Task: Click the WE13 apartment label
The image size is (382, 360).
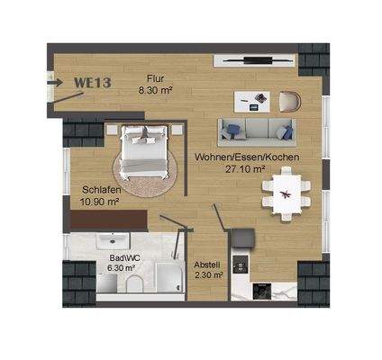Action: [x=92, y=83]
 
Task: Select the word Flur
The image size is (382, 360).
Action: [x=157, y=78]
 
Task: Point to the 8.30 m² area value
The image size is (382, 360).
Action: [x=156, y=90]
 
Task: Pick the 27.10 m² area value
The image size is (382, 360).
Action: [x=244, y=168]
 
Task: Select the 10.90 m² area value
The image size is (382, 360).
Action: [x=100, y=202]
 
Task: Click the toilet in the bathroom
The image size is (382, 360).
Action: [x=132, y=286]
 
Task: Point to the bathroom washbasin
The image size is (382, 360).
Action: [x=104, y=285]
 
